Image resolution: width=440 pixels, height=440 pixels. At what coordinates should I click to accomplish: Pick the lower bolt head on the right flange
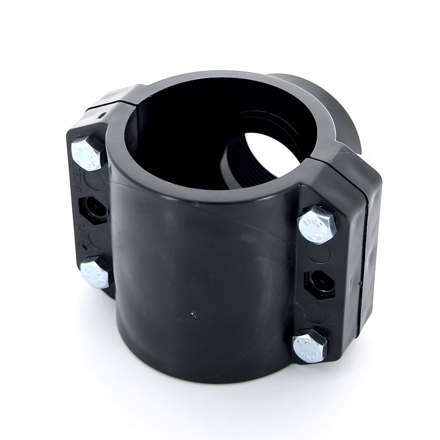click(x=310, y=345)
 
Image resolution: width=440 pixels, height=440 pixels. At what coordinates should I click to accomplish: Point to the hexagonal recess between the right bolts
click(x=318, y=283)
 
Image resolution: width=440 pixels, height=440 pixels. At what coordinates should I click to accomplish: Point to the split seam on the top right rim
click(x=319, y=159)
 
